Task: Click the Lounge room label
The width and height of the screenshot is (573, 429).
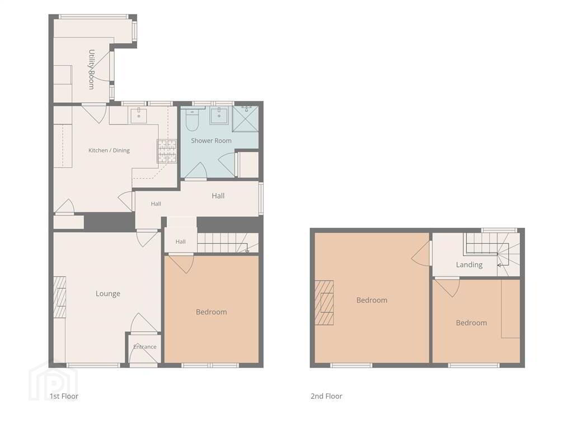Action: pyautogui.click(x=108, y=294)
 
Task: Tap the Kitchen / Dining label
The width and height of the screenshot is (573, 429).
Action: pyautogui.click(x=109, y=150)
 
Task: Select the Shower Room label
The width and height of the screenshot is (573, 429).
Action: pyautogui.click(x=211, y=140)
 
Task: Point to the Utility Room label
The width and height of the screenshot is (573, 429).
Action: pyautogui.click(x=91, y=69)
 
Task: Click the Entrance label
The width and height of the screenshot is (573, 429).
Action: pyautogui.click(x=145, y=346)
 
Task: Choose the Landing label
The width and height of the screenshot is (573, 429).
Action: pyautogui.click(x=469, y=265)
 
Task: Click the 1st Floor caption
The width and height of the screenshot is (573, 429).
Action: pyautogui.click(x=64, y=396)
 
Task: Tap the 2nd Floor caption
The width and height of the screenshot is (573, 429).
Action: pyautogui.click(x=326, y=396)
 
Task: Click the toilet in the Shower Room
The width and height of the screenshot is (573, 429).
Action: pyautogui.click(x=192, y=120)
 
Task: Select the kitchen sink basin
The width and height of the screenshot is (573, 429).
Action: pyautogui.click(x=139, y=116)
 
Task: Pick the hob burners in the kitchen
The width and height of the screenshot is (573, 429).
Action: pyautogui.click(x=167, y=151)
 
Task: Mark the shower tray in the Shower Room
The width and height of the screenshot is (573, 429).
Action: pyautogui.click(x=246, y=118)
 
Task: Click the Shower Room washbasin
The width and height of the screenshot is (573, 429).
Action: pyautogui.click(x=219, y=116)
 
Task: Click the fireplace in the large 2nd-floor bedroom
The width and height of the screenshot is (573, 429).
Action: pyautogui.click(x=324, y=302)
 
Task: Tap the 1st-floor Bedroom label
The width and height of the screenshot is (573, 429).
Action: pyautogui.click(x=211, y=312)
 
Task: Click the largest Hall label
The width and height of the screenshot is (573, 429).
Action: pyautogui.click(x=218, y=196)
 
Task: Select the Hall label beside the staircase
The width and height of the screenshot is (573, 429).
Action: pyautogui.click(x=181, y=241)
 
